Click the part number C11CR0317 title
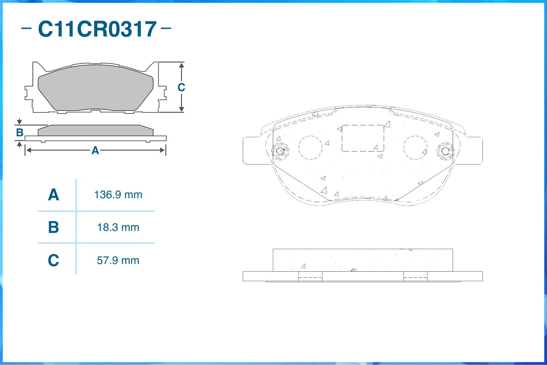click(97, 29)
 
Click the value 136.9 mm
click(118, 195)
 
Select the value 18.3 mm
click(118, 228)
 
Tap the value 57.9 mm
click(118, 260)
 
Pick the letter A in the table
click(53, 195)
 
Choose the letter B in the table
click(53, 228)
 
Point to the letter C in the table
click(53, 260)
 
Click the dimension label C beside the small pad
click(181, 88)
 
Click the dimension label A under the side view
click(95, 150)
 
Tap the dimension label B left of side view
click(20, 133)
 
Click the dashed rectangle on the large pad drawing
click(362, 138)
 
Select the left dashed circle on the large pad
click(310, 147)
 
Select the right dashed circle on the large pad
click(415, 147)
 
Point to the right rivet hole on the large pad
click(445, 151)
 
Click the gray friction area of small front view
click(96, 88)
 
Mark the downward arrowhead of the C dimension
click(182, 109)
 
